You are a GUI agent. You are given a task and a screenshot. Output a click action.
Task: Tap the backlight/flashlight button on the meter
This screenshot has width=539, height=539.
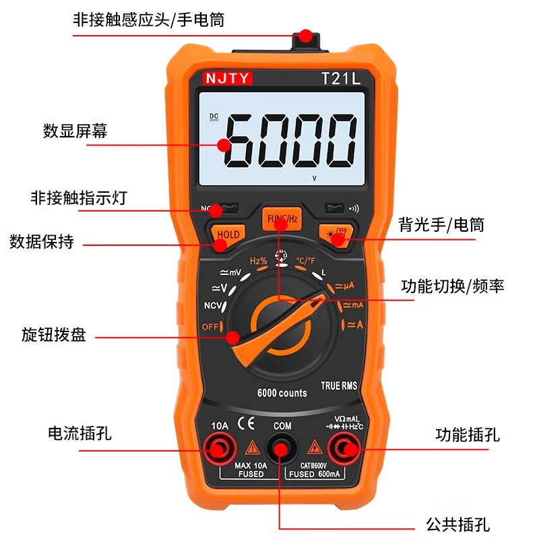[x=336, y=232]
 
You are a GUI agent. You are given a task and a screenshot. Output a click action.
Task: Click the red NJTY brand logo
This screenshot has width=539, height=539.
[x=227, y=77]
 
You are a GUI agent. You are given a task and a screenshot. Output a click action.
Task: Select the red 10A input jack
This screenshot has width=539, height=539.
[x=219, y=447]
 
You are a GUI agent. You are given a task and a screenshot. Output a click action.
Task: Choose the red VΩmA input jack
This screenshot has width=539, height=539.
[x=344, y=447]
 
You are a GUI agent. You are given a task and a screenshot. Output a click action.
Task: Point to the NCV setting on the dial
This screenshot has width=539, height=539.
[x=212, y=307]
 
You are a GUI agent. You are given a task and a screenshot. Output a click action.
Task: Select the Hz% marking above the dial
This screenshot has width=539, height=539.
[x=259, y=261]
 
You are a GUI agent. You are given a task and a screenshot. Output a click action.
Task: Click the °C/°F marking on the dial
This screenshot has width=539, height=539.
[x=306, y=260]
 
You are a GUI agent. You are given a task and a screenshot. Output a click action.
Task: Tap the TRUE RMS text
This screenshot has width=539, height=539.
[x=339, y=386]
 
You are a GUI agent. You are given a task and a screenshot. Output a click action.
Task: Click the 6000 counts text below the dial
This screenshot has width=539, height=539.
[x=282, y=393]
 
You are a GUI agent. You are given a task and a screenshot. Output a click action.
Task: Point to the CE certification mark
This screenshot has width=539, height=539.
[x=247, y=424]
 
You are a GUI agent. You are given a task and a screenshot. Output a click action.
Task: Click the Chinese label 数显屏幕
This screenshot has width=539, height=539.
[x=75, y=131]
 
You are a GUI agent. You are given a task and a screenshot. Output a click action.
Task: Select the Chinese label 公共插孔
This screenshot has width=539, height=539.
[x=457, y=524]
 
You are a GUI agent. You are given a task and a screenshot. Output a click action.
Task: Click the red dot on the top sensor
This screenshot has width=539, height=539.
[x=307, y=35]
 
